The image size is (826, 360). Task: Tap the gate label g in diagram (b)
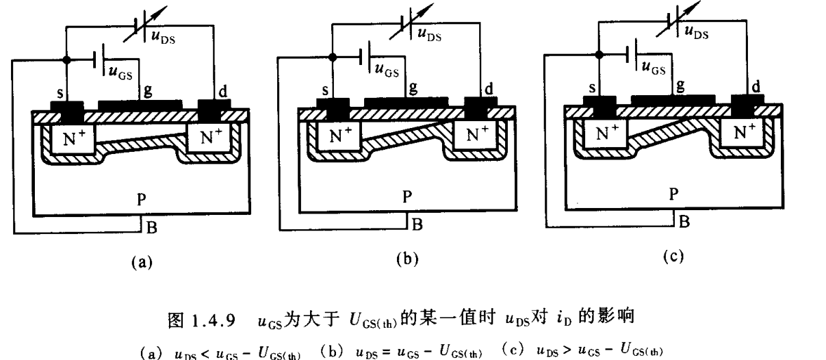412,90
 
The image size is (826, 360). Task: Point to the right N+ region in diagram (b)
477,134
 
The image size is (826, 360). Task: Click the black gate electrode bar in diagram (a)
140,105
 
